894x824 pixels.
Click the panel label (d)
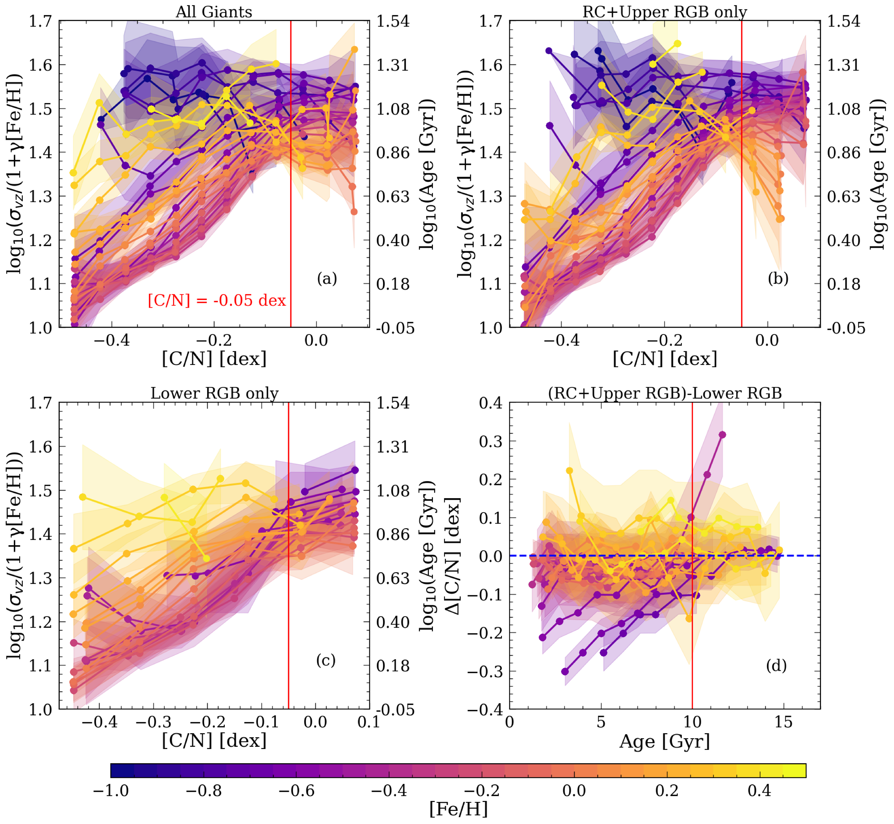click(x=776, y=666)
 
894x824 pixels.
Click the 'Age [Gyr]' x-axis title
click(x=664, y=742)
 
